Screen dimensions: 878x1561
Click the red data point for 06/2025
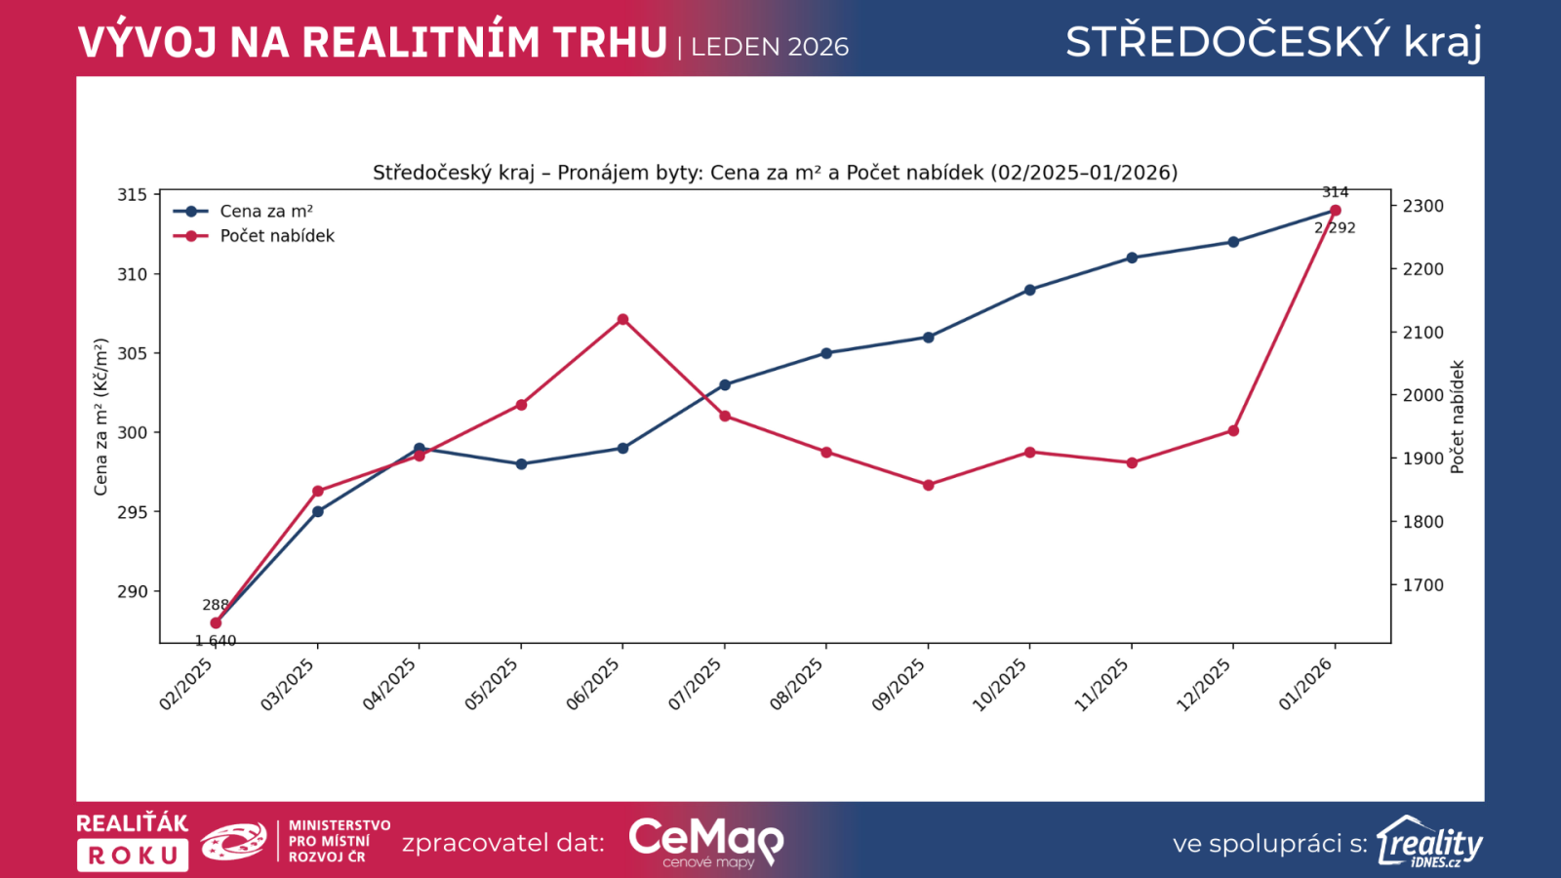pyautogui.click(x=622, y=319)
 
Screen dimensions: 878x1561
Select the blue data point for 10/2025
pyautogui.click(x=1029, y=290)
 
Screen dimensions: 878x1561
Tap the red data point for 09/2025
pyautogui.click(x=928, y=485)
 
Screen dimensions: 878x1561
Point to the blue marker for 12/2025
pyautogui.click(x=1233, y=242)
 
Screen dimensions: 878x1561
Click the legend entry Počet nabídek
pyautogui.click(x=277, y=236)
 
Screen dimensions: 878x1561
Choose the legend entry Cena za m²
pyautogui.click(x=266, y=212)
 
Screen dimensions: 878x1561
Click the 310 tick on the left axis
pyautogui.click(x=133, y=274)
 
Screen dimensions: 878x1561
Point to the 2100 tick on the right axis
pyautogui.click(x=1422, y=333)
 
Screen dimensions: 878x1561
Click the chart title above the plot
pyautogui.click(x=775, y=173)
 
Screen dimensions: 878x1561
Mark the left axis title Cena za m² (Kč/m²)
pyautogui.click(x=100, y=417)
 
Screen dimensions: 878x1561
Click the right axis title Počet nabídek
pyautogui.click(x=1458, y=417)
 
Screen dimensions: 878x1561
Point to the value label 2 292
pyautogui.click(x=1335, y=228)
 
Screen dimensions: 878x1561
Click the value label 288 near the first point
pyautogui.click(x=216, y=605)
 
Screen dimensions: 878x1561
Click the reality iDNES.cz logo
pyautogui.click(x=1429, y=842)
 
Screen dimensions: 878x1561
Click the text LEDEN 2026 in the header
pyautogui.click(x=770, y=47)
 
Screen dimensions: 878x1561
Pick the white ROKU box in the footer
pyautogui.click(x=133, y=856)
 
